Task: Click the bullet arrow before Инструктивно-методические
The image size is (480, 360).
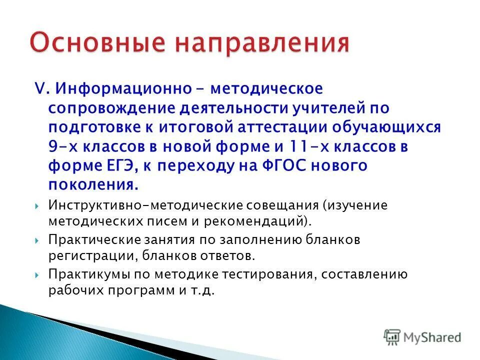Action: [38, 206]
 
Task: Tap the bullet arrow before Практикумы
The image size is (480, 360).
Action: [38, 275]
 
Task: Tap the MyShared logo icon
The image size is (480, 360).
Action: [392, 336]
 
